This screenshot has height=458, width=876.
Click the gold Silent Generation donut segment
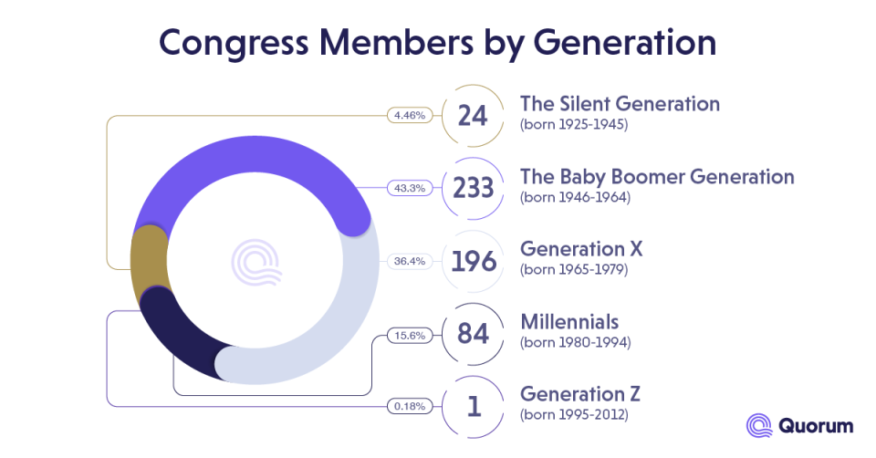point(149,260)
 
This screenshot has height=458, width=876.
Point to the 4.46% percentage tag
point(408,116)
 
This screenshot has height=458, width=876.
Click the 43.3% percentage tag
point(407,188)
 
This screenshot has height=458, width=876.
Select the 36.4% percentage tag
point(408,261)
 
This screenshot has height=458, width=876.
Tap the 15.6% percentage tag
point(408,335)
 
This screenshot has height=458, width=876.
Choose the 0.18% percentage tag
point(408,406)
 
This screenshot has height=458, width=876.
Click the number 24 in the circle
point(473,116)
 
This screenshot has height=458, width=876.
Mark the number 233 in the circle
point(473,188)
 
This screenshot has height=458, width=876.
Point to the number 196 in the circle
point(473,262)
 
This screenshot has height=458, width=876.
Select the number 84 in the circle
point(473,334)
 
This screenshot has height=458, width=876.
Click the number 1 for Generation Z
point(473,407)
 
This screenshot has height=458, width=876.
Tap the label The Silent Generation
point(620,103)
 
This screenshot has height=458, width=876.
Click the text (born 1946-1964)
point(575,197)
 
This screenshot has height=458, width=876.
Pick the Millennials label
point(568,322)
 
